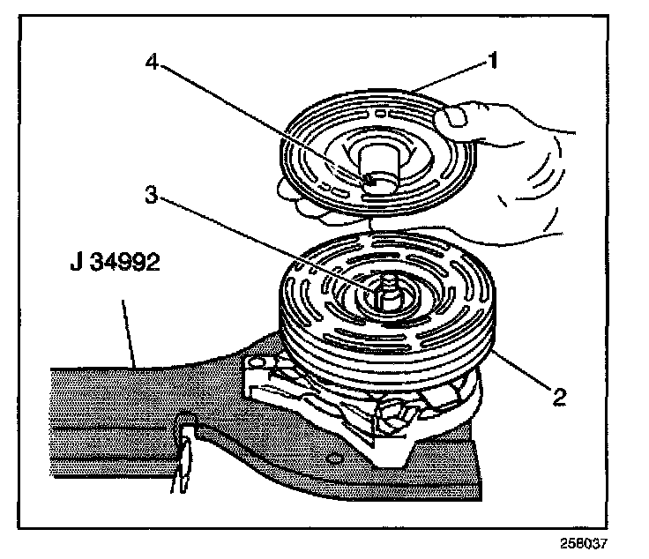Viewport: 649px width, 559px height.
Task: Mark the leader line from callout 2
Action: coord(520,371)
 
